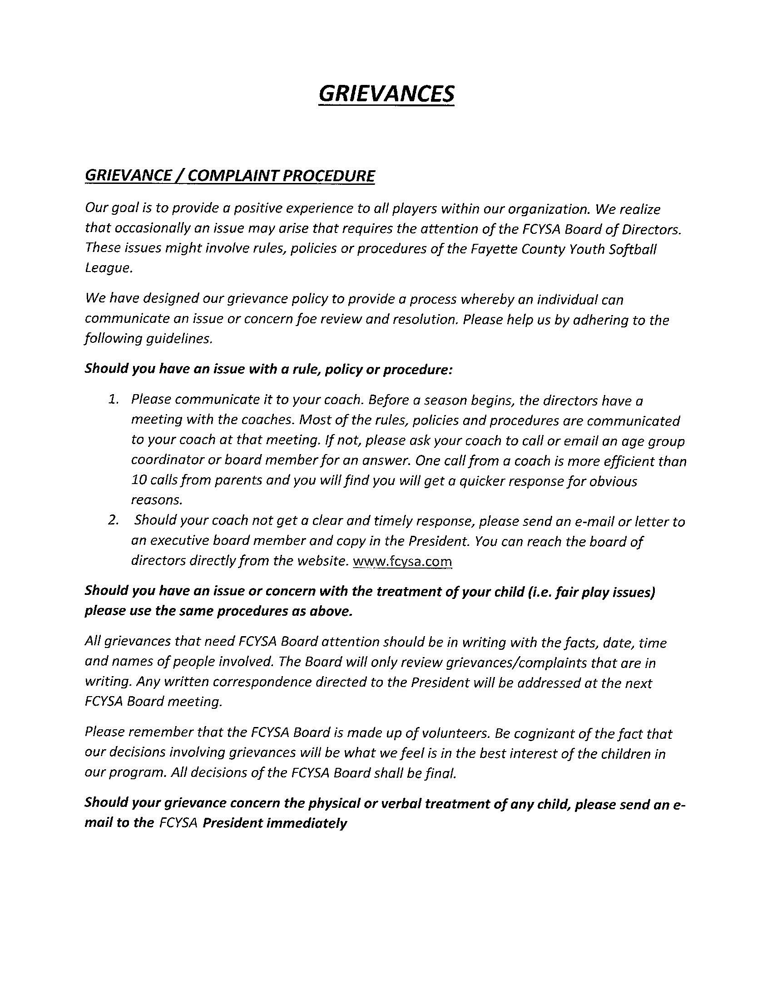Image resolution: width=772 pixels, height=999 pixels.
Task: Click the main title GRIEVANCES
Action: point(386,94)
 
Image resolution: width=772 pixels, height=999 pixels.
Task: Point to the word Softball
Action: point(633,249)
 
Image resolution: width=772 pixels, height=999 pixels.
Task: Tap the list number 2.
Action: point(114,520)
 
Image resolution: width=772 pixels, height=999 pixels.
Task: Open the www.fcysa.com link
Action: point(403,561)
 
